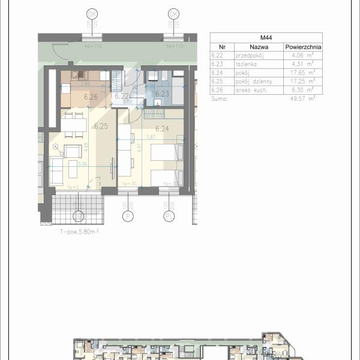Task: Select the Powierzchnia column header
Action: (303, 46)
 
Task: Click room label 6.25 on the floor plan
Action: (100, 127)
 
